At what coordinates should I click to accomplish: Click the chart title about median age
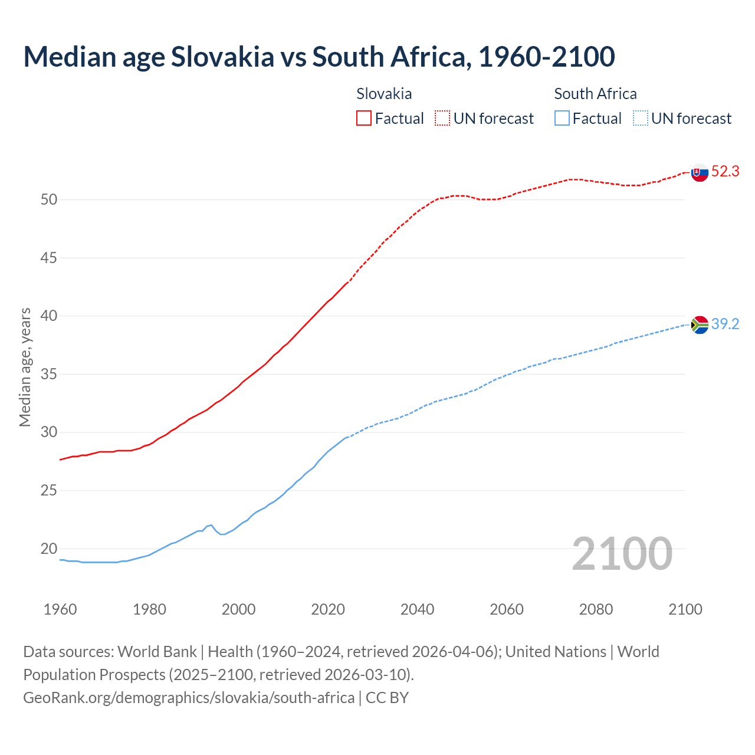click(x=319, y=57)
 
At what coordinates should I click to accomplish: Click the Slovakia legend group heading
click(x=384, y=94)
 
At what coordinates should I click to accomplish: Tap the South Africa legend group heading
click(x=595, y=94)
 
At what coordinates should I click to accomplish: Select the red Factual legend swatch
click(x=364, y=119)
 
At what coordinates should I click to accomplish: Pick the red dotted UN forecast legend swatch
click(x=442, y=119)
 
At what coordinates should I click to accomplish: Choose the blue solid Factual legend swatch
click(x=562, y=119)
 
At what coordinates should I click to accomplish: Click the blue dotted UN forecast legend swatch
click(x=641, y=119)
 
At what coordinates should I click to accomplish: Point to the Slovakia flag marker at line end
click(x=700, y=173)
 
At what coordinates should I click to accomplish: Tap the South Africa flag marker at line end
click(x=700, y=325)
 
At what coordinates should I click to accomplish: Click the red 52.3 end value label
click(x=725, y=172)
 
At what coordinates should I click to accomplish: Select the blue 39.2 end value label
click(x=725, y=324)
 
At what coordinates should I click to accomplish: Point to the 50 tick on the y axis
click(x=49, y=200)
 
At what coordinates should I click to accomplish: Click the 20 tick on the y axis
click(x=49, y=549)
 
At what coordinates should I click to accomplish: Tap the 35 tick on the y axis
click(x=49, y=375)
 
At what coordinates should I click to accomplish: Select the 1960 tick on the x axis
click(x=60, y=609)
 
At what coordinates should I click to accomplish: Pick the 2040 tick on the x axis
click(x=417, y=609)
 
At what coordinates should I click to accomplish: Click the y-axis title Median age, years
click(x=25, y=367)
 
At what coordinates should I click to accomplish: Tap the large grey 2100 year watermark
click(x=622, y=553)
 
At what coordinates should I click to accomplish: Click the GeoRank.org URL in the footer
click(x=189, y=698)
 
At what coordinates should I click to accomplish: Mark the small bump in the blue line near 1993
click(x=211, y=525)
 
